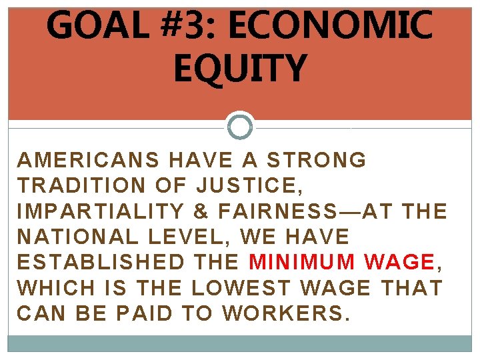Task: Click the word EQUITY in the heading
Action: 240,69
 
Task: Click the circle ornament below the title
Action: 240,126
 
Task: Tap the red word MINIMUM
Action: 304,261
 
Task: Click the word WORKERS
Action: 287,312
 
